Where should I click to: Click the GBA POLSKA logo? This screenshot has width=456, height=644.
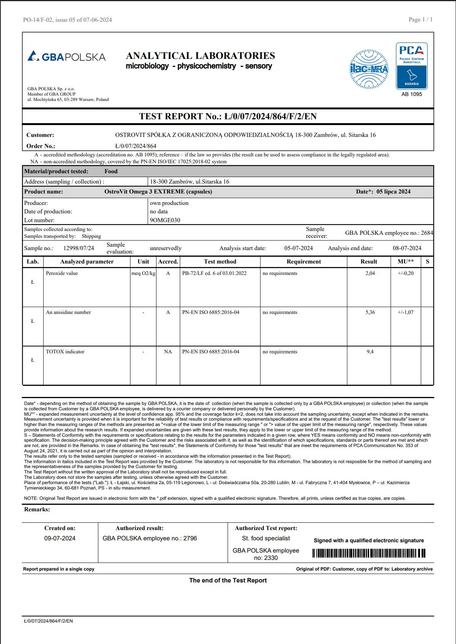pyautogui.click(x=67, y=57)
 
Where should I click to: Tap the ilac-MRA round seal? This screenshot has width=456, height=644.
pyautogui.click(x=369, y=69)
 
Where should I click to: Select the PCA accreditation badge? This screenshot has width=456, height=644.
pyautogui.click(x=412, y=66)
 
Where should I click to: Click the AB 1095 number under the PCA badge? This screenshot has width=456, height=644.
pyautogui.click(x=412, y=94)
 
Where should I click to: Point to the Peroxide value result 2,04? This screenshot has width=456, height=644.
pyautogui.click(x=370, y=273)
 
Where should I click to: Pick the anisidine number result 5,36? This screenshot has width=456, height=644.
pyautogui.click(x=370, y=312)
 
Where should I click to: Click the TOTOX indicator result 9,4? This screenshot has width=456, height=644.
pyautogui.click(x=370, y=352)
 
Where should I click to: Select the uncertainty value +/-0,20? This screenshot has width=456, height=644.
pyautogui.click(x=406, y=273)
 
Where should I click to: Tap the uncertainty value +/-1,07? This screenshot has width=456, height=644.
pyautogui.click(x=406, y=312)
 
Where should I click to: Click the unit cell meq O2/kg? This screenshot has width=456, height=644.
pyautogui.click(x=143, y=273)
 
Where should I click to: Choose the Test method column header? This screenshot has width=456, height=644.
pyautogui.click(x=220, y=262)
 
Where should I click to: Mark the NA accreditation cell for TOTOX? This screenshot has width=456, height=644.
pyautogui.click(x=168, y=352)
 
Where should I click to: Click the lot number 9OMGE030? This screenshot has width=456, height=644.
pyautogui.click(x=165, y=220)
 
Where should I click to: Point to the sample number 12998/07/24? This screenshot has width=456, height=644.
pyautogui.click(x=78, y=248)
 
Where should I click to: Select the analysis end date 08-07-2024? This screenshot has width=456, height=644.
pyautogui.click(x=407, y=248)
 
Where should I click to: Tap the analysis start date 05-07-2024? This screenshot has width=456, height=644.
pyautogui.click(x=298, y=248)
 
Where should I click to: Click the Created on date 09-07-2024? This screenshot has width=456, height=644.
pyautogui.click(x=60, y=538)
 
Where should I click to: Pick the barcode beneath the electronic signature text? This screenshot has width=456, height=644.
pyautogui.click(x=369, y=553)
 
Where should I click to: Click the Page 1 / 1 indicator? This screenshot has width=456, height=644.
pyautogui.click(x=420, y=20)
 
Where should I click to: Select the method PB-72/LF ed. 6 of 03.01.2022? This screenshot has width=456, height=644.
pyautogui.click(x=214, y=273)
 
